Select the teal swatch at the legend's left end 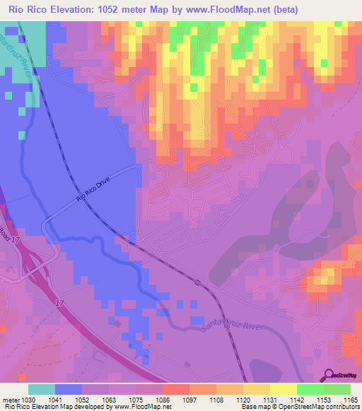coord(41,389)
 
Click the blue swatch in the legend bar coord(68,389)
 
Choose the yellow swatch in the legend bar coord(282,389)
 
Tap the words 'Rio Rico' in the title coord(29,9)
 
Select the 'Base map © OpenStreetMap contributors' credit coord(300,407)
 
